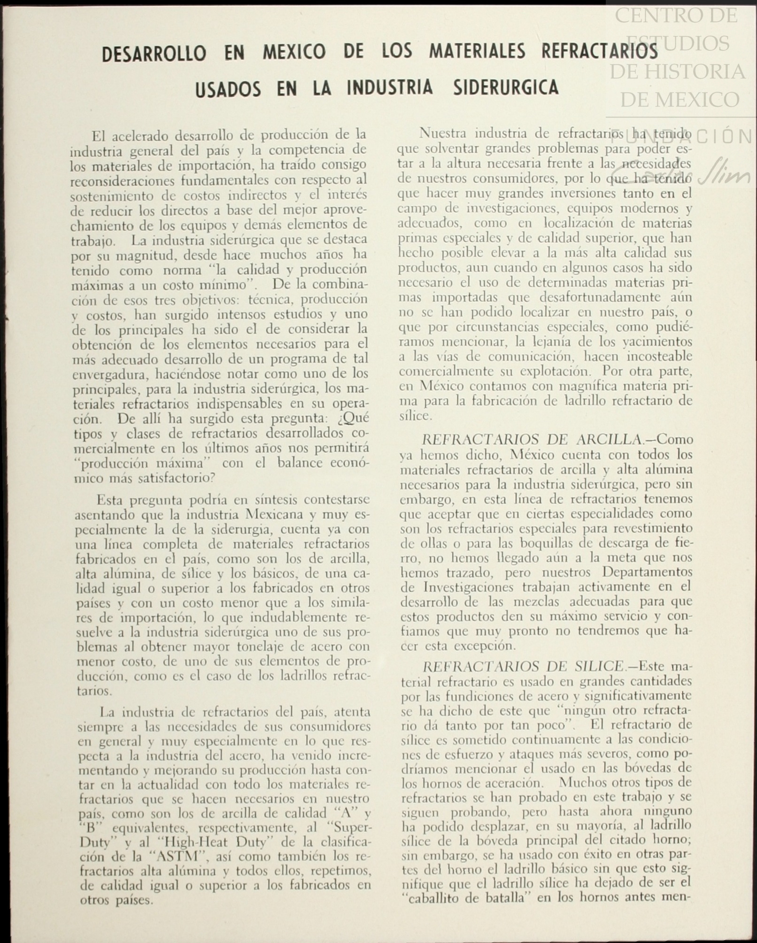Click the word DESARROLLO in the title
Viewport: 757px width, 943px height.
pos(154,54)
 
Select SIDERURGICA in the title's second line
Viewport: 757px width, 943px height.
pos(506,88)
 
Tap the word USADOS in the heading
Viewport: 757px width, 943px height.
pos(228,89)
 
